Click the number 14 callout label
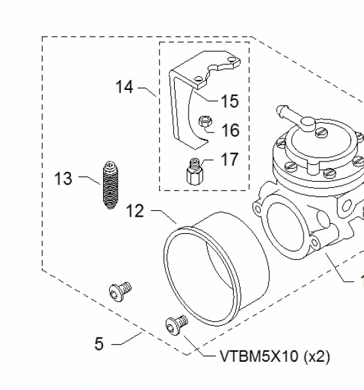125,87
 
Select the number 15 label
229,102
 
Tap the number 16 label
230,131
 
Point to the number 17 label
230,160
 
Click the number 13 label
63,178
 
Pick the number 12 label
134,211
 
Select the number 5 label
99,343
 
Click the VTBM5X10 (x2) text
275,357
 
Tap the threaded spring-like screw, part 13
110,185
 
